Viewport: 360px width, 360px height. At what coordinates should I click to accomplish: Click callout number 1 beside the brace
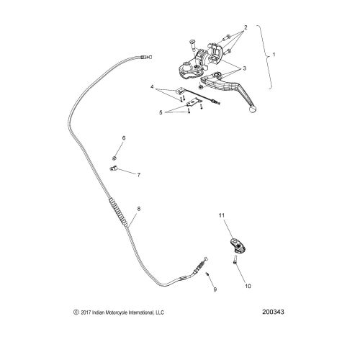pos(274,55)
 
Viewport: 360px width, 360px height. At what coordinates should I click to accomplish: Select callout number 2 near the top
pos(246,27)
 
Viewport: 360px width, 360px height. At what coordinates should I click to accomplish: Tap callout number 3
pos(245,68)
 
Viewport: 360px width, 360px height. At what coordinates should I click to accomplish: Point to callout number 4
pos(152,86)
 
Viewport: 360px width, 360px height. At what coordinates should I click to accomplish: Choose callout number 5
pos(161,112)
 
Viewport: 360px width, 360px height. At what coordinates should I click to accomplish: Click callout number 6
pos(124,138)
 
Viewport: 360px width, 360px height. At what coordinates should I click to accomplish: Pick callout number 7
pos(139,175)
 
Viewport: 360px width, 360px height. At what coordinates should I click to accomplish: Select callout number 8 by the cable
pos(139,209)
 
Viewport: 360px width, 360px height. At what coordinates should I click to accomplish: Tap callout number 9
pos(215,289)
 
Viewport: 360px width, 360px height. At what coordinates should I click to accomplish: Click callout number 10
pos(248,286)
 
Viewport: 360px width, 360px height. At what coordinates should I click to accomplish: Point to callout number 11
pos(222,215)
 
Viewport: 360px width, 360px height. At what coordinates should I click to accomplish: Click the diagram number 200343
pos(273,312)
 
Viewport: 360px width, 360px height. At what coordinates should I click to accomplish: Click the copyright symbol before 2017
pos(76,312)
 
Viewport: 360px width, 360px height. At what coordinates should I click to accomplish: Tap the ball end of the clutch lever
pos(253,110)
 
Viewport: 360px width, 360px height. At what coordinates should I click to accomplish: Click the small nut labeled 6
pos(114,158)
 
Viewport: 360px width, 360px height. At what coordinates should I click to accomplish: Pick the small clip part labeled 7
pos(113,168)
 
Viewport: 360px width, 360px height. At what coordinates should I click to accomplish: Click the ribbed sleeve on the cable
pos(118,212)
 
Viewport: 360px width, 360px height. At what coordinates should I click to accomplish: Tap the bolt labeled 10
pos(235,260)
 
